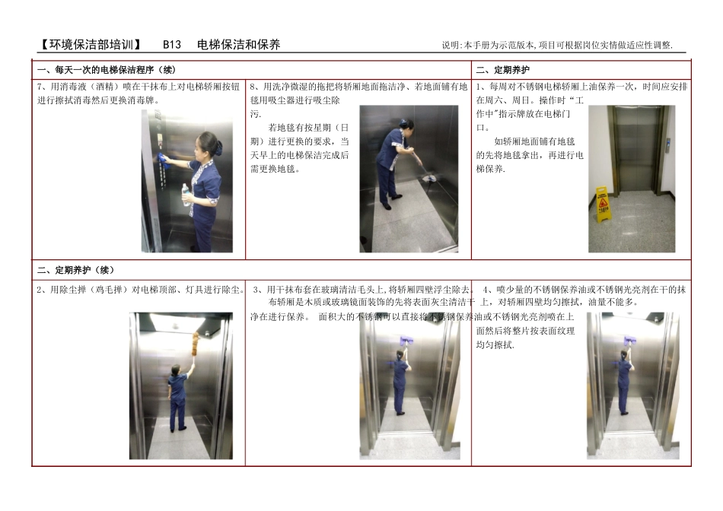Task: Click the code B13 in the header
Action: [172, 45]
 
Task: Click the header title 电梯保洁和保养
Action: [238, 45]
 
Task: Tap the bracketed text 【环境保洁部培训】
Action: [90, 45]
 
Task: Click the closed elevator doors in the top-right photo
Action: [630, 148]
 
